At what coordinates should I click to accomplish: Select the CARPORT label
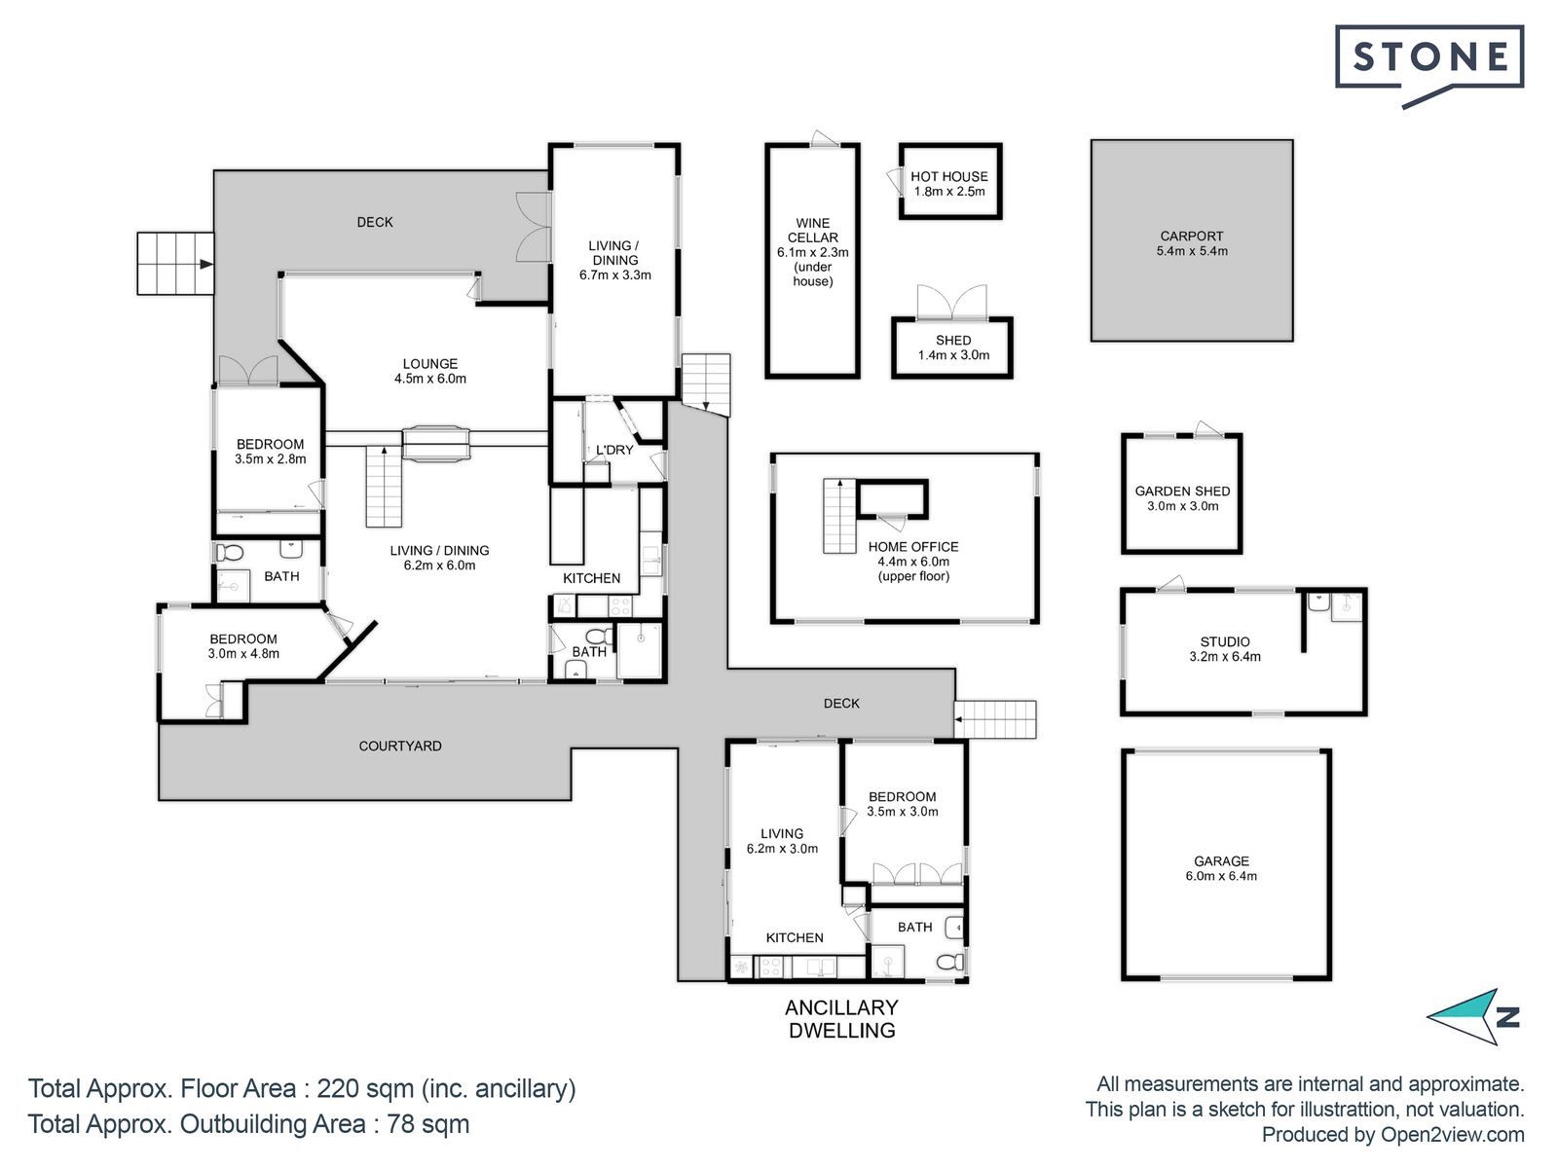pos(1192,236)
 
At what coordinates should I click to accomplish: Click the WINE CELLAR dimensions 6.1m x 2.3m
pos(813,252)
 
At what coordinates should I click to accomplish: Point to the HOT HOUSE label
pos(949,176)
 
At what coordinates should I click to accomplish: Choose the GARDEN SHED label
pos(1182,491)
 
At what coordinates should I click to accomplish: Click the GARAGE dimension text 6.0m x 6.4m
pos(1221,876)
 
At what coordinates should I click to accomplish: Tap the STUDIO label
pos(1225,641)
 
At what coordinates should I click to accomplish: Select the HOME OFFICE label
pos(913,546)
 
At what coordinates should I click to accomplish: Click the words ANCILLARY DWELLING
pos(842,1018)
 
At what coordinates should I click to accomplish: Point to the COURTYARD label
pos(400,746)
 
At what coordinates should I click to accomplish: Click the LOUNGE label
pos(430,363)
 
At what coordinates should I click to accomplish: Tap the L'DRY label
pos(614,450)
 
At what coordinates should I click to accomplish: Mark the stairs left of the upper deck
pos(175,263)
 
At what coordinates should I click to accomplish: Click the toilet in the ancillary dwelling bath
pos(951,962)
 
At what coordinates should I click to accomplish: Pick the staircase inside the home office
pos(839,516)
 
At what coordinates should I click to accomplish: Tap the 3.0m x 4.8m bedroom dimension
pos(243,653)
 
